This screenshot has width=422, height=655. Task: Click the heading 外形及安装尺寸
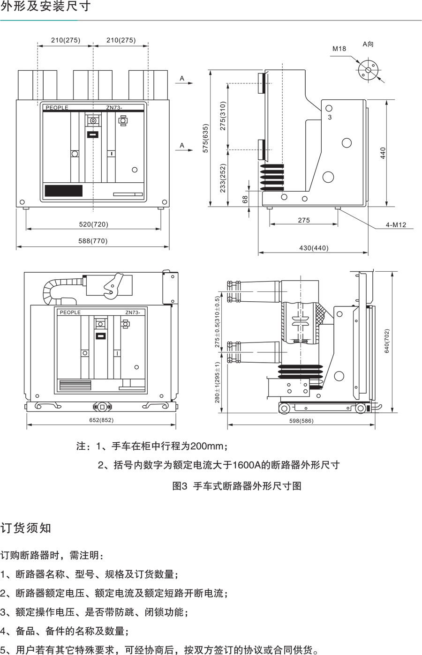46,7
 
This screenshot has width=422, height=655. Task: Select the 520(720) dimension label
94,224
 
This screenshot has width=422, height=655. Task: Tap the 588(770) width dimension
93,241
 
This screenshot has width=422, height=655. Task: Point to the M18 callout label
339,49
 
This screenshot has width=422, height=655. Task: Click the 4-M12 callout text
396,225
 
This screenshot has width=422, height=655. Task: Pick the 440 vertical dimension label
383,153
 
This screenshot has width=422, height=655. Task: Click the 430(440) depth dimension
314,248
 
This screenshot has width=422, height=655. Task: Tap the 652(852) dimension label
101,420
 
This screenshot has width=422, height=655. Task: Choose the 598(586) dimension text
301,421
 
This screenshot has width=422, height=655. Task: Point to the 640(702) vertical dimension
387,341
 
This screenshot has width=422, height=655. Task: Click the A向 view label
368,44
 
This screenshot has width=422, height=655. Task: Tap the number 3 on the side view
330,117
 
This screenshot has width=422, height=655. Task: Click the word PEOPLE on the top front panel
57,108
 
